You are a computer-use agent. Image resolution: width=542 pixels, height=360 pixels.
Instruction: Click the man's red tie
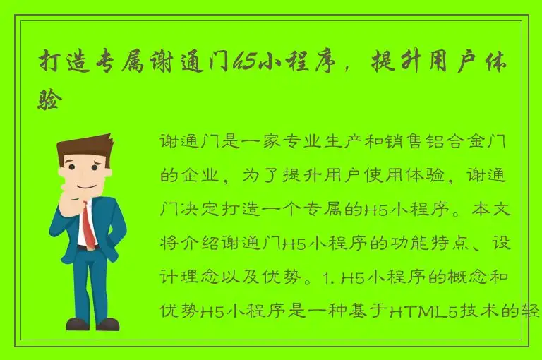pyautogui.click(x=88, y=226)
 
